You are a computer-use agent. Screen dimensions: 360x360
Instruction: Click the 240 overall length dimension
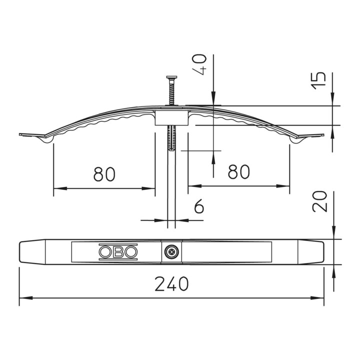pos(171,284)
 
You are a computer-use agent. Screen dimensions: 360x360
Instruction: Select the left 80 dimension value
pos(104,174)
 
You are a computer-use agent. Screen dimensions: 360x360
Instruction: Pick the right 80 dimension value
pos(239,171)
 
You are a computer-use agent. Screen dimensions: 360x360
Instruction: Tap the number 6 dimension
pos(199,206)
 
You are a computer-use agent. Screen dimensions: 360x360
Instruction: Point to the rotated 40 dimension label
pos(199,64)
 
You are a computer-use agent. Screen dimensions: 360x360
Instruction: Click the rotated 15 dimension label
pos(318,80)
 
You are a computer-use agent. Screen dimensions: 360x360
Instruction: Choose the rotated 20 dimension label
pos(319,201)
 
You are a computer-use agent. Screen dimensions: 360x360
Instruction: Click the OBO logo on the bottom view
pos(118,252)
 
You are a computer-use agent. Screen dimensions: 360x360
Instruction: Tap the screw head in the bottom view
pos(171,252)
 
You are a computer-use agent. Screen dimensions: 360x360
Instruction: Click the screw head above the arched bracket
pos(171,77)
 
